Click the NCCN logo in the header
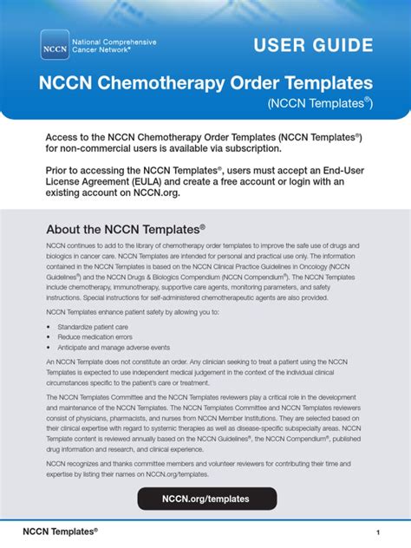tap(54, 44)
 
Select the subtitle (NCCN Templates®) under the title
tap(319, 103)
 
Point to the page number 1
tap(378, 531)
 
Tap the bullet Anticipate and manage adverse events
tap(108, 347)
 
